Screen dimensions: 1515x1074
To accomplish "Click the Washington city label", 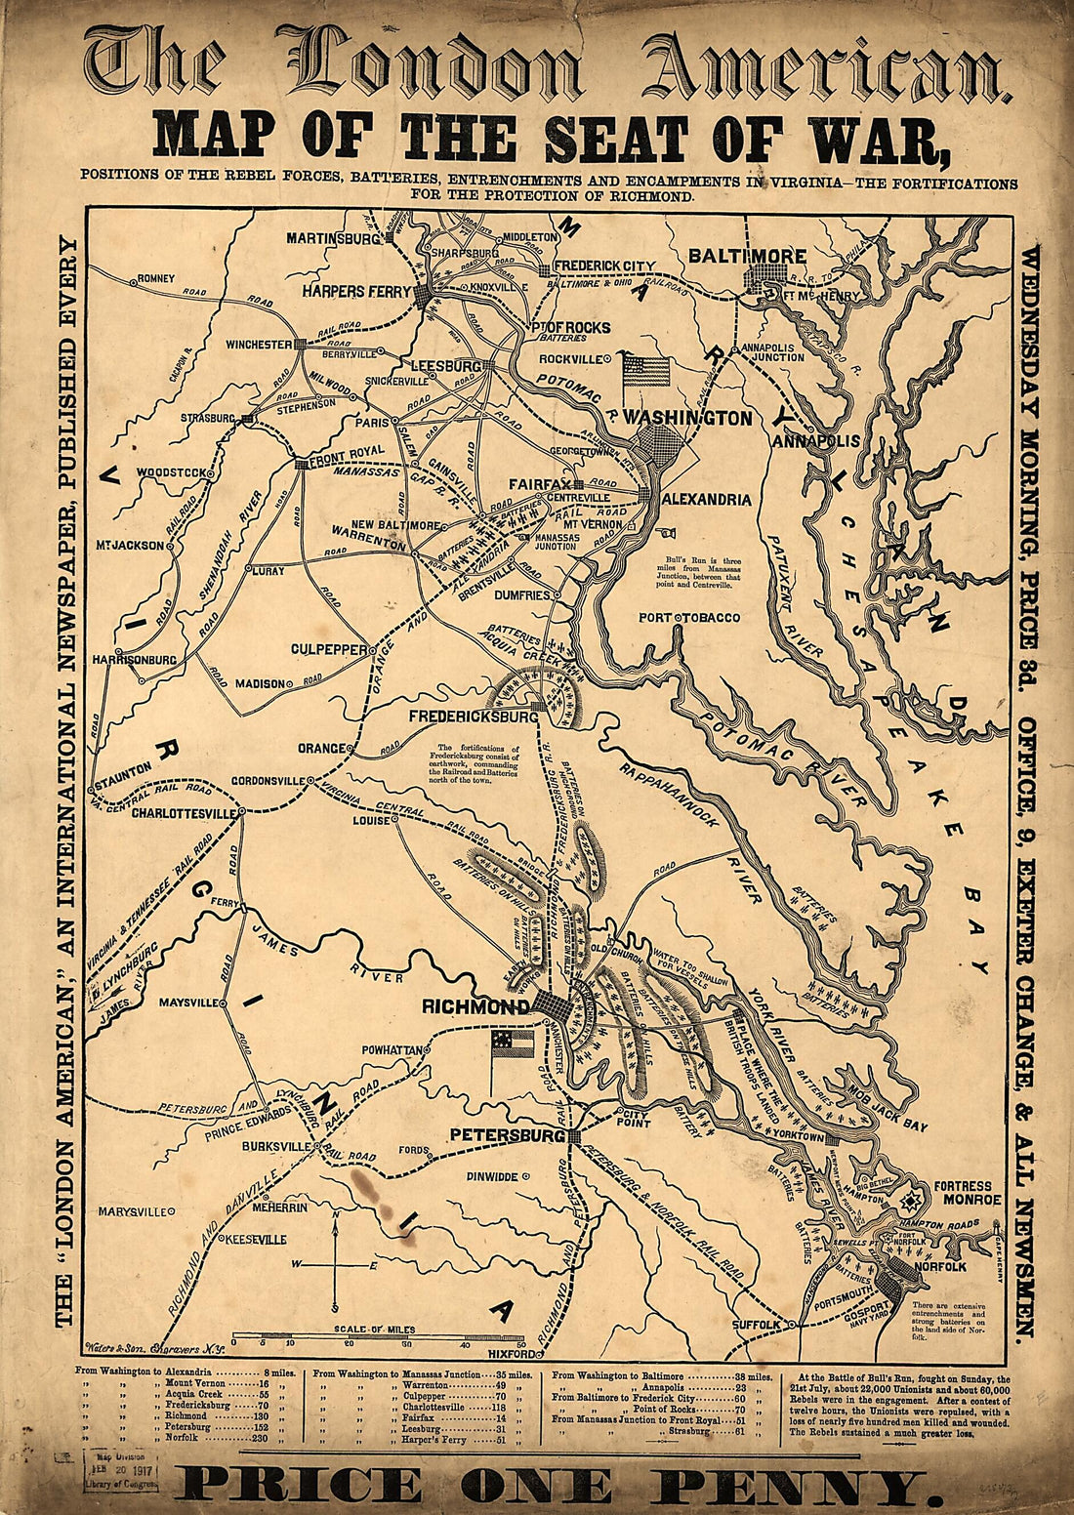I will coord(687,419).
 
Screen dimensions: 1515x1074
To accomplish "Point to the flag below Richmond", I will coord(513,1045).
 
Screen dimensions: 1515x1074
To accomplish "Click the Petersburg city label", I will coord(507,1136).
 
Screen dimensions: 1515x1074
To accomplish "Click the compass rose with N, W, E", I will coord(335,1264).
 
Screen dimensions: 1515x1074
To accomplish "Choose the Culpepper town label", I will coord(328,648).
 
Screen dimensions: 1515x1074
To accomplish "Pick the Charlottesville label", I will coord(185,812).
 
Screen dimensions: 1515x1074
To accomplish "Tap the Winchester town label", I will coord(259,345).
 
